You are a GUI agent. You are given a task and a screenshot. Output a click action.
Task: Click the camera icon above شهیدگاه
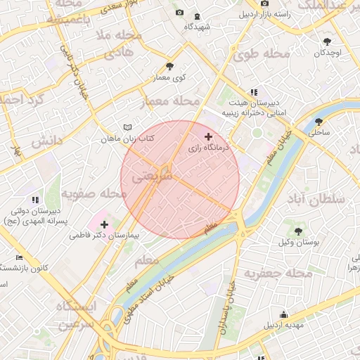179,13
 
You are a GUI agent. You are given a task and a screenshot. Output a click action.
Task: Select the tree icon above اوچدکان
328,41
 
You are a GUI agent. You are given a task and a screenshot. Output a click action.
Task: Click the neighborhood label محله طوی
262,54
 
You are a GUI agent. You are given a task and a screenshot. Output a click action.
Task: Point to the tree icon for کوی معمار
169,66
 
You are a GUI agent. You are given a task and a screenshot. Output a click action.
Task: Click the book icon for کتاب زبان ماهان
127,127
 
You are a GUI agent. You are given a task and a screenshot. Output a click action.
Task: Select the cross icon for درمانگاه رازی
207,136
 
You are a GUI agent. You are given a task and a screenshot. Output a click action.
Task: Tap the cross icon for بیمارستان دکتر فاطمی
104,224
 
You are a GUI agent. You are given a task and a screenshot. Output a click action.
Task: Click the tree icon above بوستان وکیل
297,231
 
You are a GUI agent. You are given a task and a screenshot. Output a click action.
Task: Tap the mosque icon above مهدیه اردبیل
283,314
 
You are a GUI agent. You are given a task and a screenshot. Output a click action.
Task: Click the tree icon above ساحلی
319,121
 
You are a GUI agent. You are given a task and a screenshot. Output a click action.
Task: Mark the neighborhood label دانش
47,141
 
